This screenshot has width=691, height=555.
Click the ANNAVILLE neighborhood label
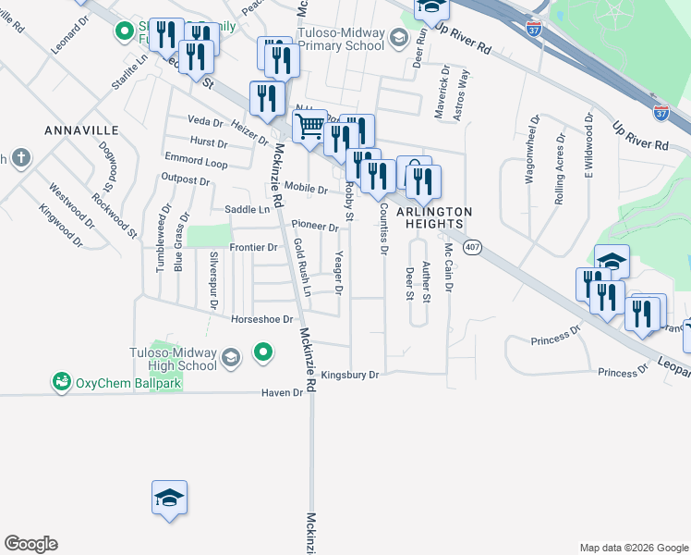(81, 130)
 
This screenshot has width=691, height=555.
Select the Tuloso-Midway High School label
(173, 359)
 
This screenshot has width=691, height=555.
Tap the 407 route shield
(473, 247)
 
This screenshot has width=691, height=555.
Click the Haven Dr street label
(285, 392)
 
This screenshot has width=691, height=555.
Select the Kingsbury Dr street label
(350, 375)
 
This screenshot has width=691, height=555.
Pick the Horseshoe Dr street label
(261, 319)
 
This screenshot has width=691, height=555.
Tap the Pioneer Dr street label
(315, 226)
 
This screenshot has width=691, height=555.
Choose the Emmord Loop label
(195, 162)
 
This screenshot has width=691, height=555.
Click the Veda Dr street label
(205, 121)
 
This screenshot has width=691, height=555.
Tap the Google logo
(30, 544)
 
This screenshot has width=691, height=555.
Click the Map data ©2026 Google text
(633, 548)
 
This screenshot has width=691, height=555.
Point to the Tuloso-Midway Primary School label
(340, 38)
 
